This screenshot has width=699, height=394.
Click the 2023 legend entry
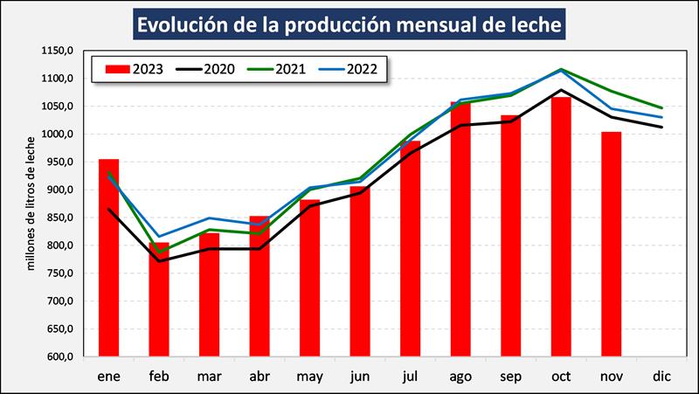[133, 68]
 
